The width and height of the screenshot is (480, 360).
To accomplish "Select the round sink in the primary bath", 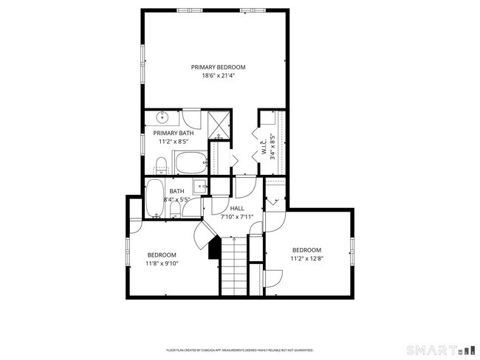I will [163, 118].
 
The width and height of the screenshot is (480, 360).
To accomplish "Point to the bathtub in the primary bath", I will [191, 162].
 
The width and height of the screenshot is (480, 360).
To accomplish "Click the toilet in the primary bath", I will [162, 164].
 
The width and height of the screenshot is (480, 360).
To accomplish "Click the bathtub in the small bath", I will [155, 198].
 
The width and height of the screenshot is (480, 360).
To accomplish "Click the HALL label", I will [237, 209].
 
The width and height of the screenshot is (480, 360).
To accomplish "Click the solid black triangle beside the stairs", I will [214, 249].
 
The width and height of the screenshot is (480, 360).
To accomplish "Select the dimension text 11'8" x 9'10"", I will [162, 263].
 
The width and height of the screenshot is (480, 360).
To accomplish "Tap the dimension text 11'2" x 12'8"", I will [306, 258].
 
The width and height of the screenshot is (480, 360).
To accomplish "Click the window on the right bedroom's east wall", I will [353, 251].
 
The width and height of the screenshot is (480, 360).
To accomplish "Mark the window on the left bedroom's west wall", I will [128, 251].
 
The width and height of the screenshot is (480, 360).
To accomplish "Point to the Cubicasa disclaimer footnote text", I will [239, 350].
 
